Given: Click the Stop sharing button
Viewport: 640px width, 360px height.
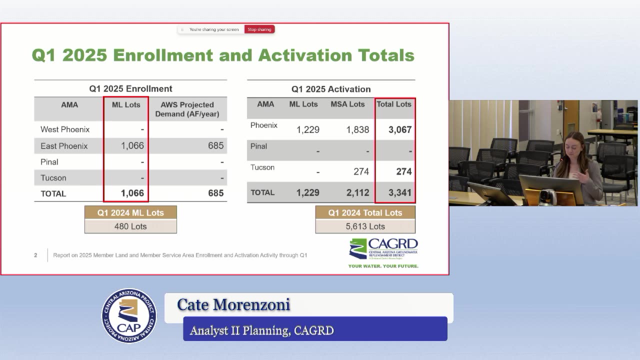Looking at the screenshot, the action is pyautogui.click(x=259, y=29).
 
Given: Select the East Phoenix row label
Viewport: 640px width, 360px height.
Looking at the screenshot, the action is pyautogui.click(x=64, y=146).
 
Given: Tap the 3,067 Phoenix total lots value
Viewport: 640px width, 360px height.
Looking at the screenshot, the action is pyautogui.click(x=400, y=129).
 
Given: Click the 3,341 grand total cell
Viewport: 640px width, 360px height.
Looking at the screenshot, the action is pyautogui.click(x=400, y=192).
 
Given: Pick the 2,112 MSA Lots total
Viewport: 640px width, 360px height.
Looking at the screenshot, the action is pyautogui.click(x=357, y=192).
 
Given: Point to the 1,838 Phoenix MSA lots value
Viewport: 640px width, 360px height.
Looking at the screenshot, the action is pyautogui.click(x=357, y=129).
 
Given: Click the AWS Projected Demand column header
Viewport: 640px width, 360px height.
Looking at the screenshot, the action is pyautogui.click(x=187, y=109).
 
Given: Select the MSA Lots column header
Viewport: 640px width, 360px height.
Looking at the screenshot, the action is pyautogui.click(x=347, y=104).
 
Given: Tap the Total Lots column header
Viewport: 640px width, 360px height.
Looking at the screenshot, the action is pyautogui.click(x=394, y=104).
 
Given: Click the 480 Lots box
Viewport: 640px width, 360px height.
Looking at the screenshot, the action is pyautogui.click(x=130, y=226).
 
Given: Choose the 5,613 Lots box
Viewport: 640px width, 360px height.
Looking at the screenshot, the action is pyautogui.click(x=365, y=226).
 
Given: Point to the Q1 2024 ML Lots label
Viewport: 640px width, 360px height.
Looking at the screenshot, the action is pyautogui.click(x=130, y=213).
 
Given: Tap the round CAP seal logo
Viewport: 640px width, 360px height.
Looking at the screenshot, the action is pyautogui.click(x=129, y=315).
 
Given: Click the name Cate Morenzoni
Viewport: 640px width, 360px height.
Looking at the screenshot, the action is pyautogui.click(x=233, y=304).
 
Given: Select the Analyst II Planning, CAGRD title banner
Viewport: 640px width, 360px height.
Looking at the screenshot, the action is pyautogui.click(x=315, y=329).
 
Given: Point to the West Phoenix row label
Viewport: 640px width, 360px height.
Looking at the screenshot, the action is pyautogui.click(x=65, y=129).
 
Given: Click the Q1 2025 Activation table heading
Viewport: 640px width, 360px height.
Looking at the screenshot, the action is pyautogui.click(x=331, y=89).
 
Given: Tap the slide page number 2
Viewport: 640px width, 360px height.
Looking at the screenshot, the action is pyautogui.click(x=35, y=255).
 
